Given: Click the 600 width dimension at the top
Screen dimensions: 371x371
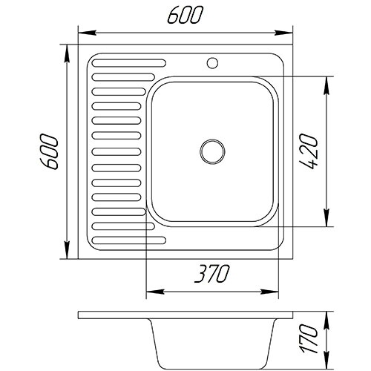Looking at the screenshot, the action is click(x=185, y=15).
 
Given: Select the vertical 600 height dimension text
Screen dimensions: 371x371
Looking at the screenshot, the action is click(x=50, y=151).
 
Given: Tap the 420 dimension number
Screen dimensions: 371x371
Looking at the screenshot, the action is click(x=308, y=151).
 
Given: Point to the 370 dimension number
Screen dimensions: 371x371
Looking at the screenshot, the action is click(x=212, y=274).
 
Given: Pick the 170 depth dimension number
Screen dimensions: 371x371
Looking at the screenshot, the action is click(x=308, y=339).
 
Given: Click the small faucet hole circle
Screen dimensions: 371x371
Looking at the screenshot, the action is click(x=212, y=63).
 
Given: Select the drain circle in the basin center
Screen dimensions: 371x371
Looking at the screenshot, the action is click(x=212, y=151).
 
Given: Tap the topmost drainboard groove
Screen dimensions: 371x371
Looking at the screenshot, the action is click(x=129, y=63).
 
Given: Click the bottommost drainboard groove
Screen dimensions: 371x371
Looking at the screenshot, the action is click(x=129, y=240).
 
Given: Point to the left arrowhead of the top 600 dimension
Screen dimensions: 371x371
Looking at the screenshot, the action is click(x=87, y=33).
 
